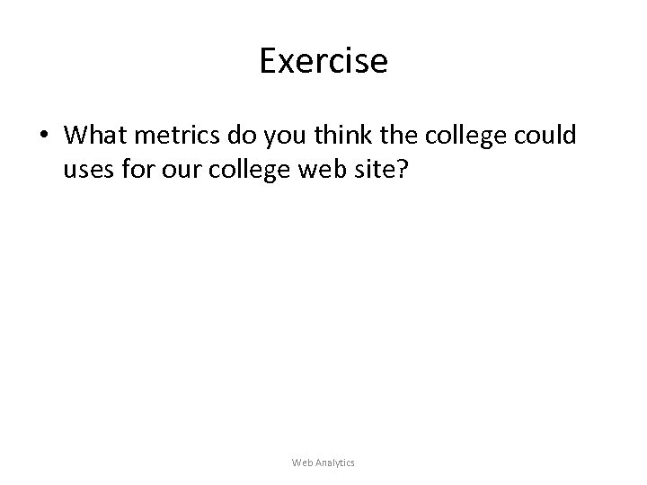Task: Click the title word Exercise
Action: pos(323,61)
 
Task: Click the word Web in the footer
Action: pos(303,463)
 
